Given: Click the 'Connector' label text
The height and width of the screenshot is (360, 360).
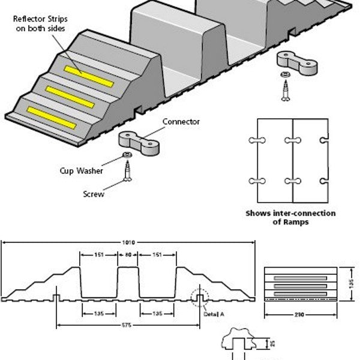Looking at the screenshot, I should coord(181,122).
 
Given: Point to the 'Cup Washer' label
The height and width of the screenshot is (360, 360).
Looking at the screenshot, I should coord(97,170).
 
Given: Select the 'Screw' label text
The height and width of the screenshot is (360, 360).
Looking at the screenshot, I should coord(92,194).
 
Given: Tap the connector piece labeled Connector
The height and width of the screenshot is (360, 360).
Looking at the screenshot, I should coord(139,140).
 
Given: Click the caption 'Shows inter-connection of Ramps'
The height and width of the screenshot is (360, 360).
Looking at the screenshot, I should coord(290,217).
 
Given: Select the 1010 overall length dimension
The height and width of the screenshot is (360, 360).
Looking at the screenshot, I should coord(128,242).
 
